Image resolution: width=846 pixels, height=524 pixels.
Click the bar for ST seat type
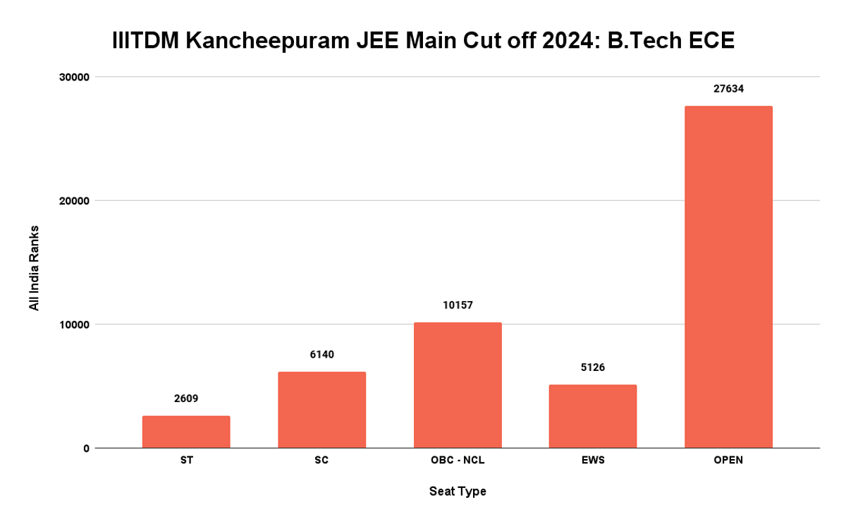(186, 432)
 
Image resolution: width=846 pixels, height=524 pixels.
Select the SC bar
(321, 410)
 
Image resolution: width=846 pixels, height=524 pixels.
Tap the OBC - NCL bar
(458, 385)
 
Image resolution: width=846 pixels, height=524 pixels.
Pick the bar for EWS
(593, 416)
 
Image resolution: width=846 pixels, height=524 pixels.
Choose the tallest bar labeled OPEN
(728, 276)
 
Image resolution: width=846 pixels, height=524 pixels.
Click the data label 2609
(186, 398)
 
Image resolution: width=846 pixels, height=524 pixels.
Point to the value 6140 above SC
(321, 355)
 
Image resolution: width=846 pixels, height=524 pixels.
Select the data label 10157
(458, 305)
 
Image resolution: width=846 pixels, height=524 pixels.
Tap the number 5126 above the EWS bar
(593, 367)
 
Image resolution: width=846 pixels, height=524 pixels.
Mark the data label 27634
(728, 89)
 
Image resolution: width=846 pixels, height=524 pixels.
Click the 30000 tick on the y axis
(73, 77)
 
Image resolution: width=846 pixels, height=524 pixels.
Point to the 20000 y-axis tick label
(73, 200)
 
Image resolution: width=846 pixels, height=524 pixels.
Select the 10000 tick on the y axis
(73, 324)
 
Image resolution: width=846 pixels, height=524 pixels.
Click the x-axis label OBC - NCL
(458, 461)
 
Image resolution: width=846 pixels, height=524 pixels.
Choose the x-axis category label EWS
(593, 461)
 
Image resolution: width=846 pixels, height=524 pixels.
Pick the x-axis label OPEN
(728, 461)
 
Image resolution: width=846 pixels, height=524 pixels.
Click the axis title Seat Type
(458, 492)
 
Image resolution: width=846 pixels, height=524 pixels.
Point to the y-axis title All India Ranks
(34, 268)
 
